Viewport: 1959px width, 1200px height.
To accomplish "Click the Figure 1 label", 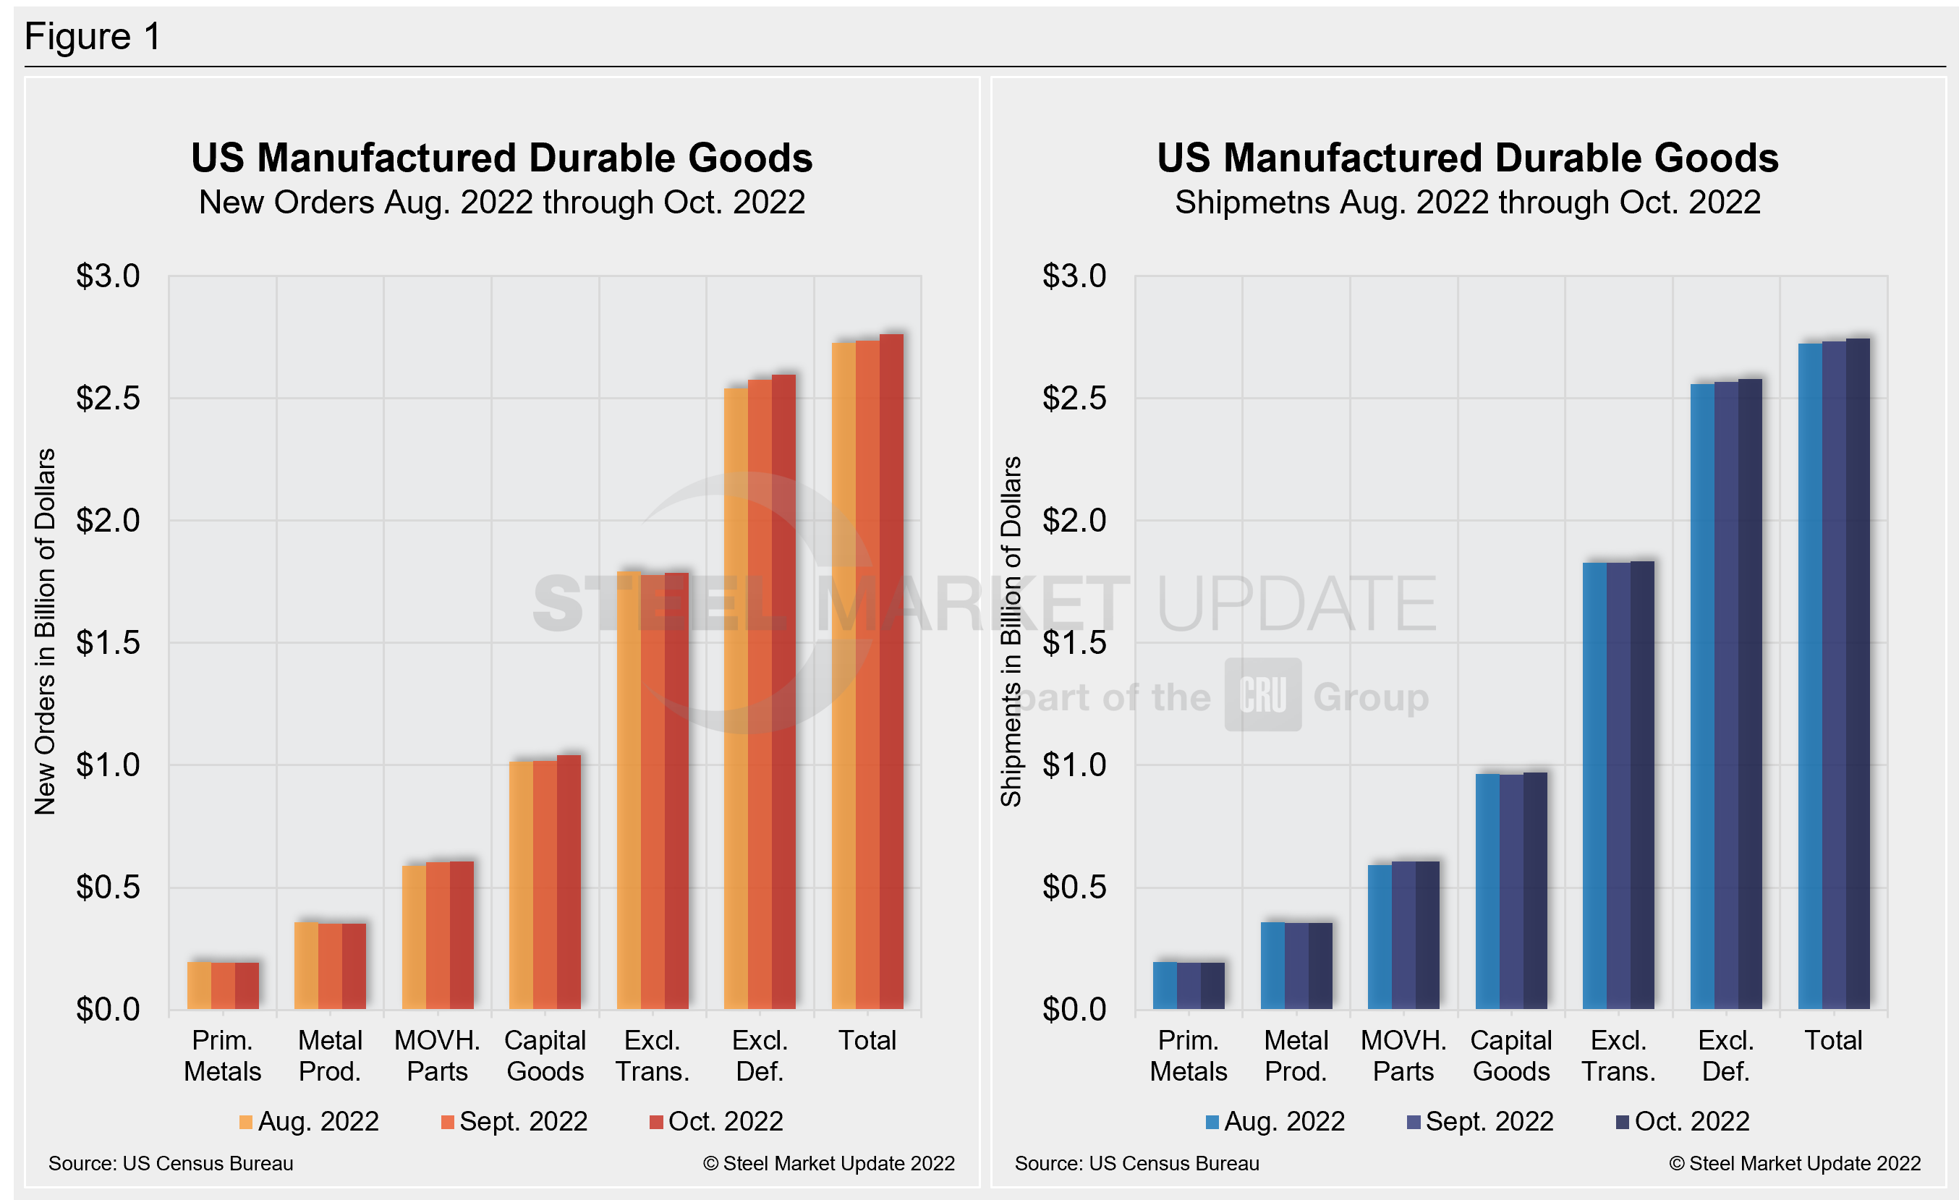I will (x=93, y=37).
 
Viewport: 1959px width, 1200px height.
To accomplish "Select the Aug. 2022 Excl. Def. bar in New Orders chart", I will (x=736, y=699).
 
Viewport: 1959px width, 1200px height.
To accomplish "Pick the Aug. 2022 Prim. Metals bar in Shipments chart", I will (x=1165, y=985).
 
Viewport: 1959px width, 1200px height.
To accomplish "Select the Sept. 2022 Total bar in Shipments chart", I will (x=1833, y=676).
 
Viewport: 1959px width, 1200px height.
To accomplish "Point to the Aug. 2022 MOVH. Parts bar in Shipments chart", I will (x=1380, y=937).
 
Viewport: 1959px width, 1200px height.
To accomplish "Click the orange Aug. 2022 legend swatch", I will (x=246, y=1122).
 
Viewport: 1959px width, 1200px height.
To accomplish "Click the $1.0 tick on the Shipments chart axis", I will (x=1074, y=765).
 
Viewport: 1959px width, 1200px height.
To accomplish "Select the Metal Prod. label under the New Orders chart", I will (x=330, y=1055).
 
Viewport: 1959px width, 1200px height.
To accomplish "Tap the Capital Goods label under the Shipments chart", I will (x=1510, y=1055).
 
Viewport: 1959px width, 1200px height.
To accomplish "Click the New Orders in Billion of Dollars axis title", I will (x=46, y=631).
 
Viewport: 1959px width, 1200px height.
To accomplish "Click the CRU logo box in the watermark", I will (x=1262, y=694).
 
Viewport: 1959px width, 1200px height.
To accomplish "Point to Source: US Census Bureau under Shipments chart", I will (x=1136, y=1163).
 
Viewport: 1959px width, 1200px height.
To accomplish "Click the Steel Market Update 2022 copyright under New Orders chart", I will (x=828, y=1163).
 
